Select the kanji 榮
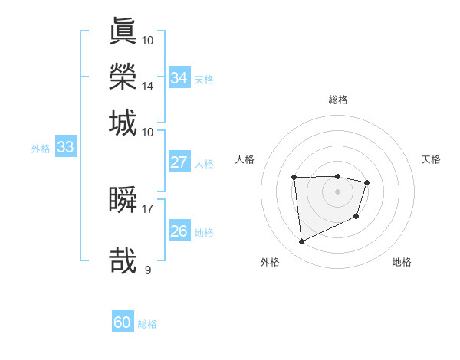click(x=123, y=77)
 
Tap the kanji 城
click(x=123, y=123)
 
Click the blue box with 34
click(x=179, y=78)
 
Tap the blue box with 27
click(x=179, y=162)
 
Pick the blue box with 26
click(x=179, y=231)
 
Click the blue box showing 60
click(x=123, y=322)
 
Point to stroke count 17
click(x=148, y=208)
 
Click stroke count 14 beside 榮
click(x=148, y=86)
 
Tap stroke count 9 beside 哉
click(x=148, y=270)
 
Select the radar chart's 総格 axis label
click(x=337, y=100)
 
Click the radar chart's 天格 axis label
click(x=432, y=159)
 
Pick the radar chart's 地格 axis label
click(x=402, y=262)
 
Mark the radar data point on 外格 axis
click(x=301, y=242)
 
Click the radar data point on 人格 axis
click(x=294, y=178)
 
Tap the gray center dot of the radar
click(x=337, y=191)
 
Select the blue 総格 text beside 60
click(x=147, y=324)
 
